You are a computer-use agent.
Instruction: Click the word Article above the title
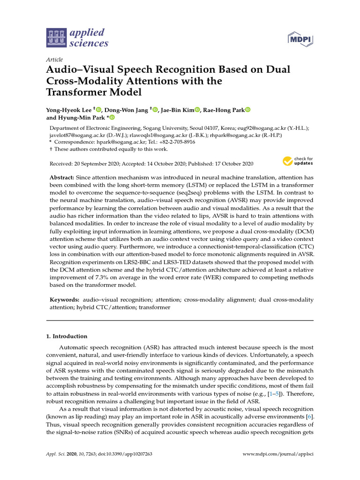tap(54, 60)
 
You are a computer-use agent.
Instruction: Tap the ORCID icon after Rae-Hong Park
tap(248, 110)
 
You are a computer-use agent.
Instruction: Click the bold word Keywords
tap(65, 300)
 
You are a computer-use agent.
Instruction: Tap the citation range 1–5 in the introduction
tap(272, 393)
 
